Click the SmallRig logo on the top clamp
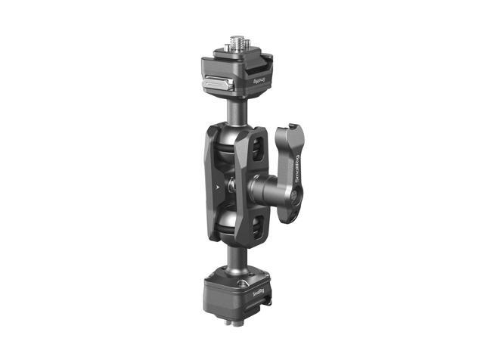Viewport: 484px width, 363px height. (x=260, y=79)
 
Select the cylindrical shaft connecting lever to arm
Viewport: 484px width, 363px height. (x=261, y=186)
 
